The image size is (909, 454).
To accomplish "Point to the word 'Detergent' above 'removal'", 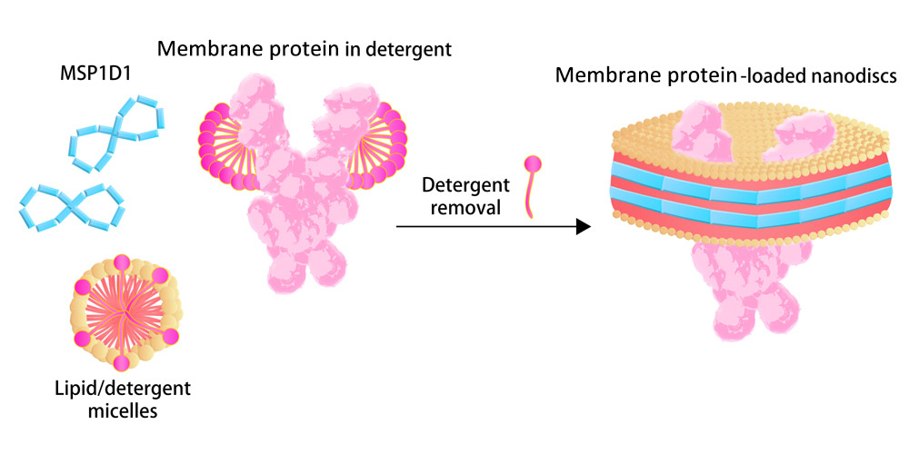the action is tap(465, 186).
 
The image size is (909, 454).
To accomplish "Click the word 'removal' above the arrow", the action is tap(465, 207).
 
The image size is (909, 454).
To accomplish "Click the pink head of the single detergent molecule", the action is tap(534, 164).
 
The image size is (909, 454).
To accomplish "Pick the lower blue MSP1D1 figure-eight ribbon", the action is tap(72, 207).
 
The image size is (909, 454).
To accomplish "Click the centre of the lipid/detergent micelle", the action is tap(123, 312).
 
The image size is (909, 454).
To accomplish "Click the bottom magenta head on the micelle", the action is tap(121, 363).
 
